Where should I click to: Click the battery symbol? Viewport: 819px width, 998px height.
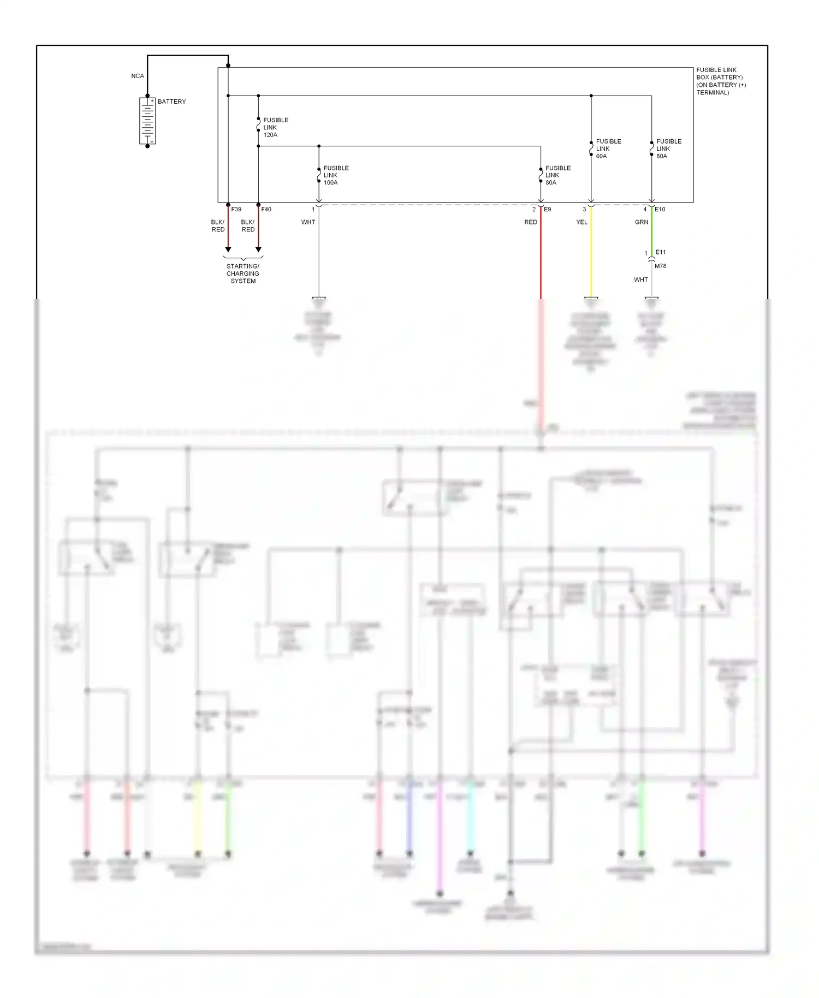(147, 121)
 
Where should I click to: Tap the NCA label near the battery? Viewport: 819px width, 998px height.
(138, 76)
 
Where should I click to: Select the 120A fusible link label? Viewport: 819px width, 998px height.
(275, 127)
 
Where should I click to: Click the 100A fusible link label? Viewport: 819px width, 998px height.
(336, 175)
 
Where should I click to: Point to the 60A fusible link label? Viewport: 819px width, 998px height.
(608, 148)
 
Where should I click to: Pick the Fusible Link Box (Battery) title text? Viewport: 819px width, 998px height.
(720, 81)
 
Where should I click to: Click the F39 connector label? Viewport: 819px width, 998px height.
(236, 209)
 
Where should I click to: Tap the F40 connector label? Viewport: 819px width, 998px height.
(266, 209)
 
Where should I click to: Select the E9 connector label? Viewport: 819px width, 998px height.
(547, 209)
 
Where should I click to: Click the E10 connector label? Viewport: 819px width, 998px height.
(660, 209)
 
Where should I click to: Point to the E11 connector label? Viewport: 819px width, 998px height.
(660, 252)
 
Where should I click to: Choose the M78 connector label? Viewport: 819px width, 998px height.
(660, 266)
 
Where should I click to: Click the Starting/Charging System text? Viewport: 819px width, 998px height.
(243, 274)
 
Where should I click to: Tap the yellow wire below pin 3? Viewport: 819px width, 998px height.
(591, 251)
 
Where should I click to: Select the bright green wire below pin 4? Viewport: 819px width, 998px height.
(651, 229)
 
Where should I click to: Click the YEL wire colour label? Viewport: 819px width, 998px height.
(581, 222)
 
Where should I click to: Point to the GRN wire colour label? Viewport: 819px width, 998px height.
(642, 222)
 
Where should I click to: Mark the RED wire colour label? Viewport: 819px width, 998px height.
(530, 222)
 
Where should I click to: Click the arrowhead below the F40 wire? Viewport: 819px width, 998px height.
(258, 249)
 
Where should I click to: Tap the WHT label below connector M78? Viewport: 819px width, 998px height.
(640, 280)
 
